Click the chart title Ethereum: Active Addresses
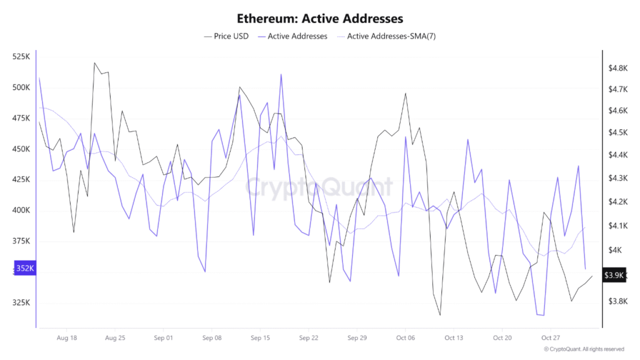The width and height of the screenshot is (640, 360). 320,18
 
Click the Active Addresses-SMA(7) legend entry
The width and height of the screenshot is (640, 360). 391,36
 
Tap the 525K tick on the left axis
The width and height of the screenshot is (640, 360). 21,57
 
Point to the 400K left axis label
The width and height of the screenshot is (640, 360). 21,211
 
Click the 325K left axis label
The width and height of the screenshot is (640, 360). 21,303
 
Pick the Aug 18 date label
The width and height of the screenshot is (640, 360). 66,338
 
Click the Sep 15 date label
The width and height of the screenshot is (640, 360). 260,338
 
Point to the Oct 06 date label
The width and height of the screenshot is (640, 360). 406,338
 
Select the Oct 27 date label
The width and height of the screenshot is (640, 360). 551,338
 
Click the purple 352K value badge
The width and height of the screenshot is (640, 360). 26,269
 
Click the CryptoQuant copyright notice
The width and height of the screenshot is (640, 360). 584,349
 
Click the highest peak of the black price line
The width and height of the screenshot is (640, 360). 94,62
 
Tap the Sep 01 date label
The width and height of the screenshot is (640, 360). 163,338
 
